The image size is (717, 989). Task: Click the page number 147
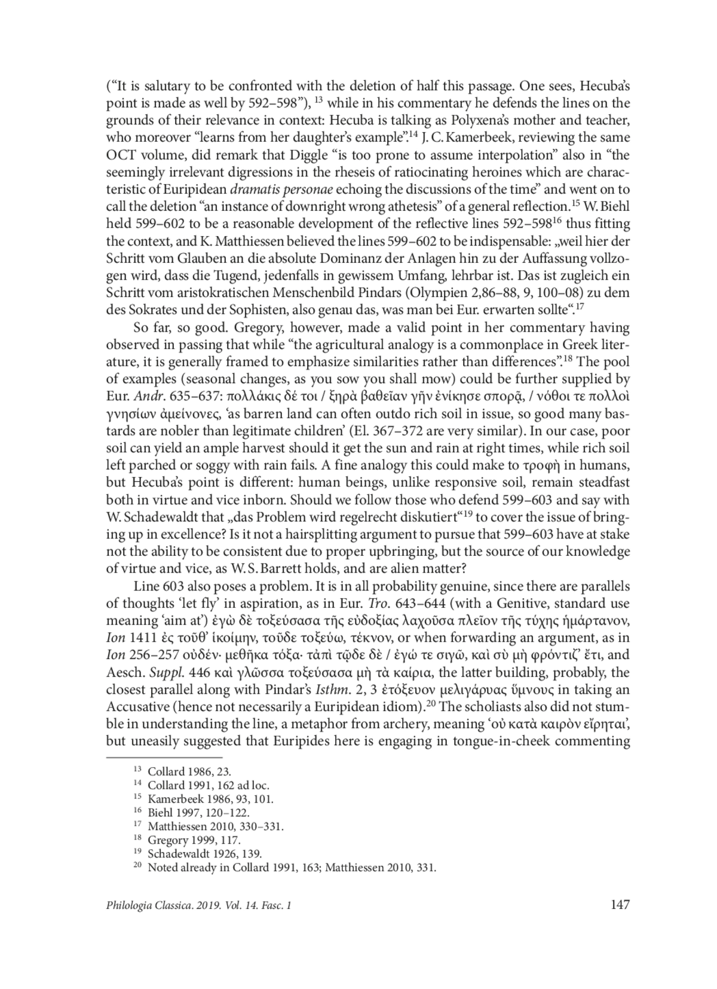click(x=620, y=905)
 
